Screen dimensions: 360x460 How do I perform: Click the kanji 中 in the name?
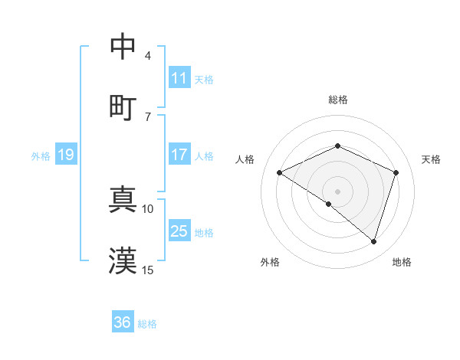click(123, 47)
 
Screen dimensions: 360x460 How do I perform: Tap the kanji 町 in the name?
click(123, 106)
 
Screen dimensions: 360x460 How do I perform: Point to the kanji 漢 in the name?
click(123, 260)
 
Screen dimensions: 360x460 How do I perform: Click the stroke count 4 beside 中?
click(147, 56)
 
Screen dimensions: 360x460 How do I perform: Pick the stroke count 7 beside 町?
click(147, 116)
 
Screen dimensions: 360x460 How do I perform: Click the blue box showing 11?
click(179, 78)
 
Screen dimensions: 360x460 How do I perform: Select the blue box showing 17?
click(179, 155)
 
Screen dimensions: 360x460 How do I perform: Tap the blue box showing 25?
click(179, 231)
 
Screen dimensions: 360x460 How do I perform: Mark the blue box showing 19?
click(65, 155)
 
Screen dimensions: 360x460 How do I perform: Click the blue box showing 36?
click(123, 322)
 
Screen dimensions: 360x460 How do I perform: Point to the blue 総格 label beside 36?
click(147, 324)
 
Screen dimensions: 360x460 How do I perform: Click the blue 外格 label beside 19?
click(41, 155)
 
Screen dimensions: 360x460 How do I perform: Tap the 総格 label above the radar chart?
click(337, 100)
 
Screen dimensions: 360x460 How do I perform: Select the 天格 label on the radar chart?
click(432, 159)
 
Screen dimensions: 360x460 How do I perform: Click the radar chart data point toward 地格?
click(373, 241)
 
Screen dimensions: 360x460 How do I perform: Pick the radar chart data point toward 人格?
click(280, 172)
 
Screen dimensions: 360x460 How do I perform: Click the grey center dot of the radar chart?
click(337, 191)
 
